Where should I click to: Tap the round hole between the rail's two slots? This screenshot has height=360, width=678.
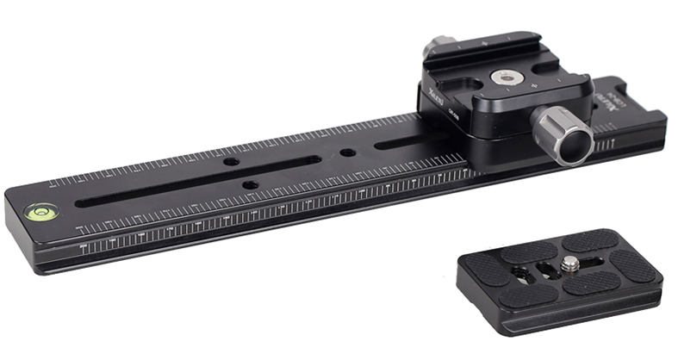coord(347,152)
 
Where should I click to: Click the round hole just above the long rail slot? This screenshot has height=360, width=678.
coord(232,162)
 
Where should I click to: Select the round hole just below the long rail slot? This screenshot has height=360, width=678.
coord(248,184)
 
